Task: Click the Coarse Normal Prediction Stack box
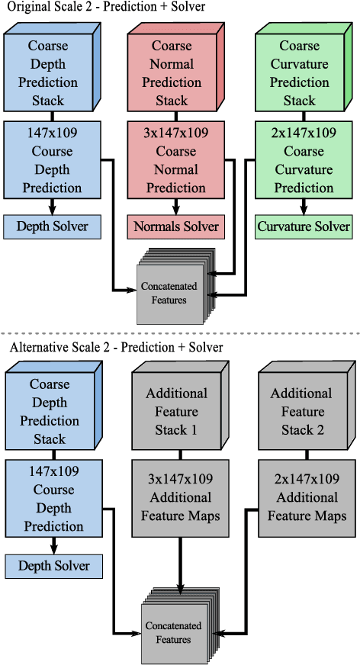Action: (x=172, y=73)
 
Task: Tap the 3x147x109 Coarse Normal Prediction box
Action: (x=175, y=160)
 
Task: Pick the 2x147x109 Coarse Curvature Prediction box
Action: (x=302, y=160)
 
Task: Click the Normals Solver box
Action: (x=175, y=226)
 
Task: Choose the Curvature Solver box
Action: (x=303, y=226)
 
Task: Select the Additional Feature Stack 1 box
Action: (x=176, y=412)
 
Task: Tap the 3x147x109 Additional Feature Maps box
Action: (x=180, y=498)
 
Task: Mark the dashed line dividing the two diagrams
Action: (x=180, y=333)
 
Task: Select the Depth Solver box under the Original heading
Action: (x=53, y=226)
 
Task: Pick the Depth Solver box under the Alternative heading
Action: (x=53, y=566)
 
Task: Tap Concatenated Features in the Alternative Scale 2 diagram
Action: (x=174, y=632)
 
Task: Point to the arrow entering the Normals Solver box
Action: (x=175, y=208)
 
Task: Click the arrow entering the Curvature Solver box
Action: (x=303, y=208)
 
